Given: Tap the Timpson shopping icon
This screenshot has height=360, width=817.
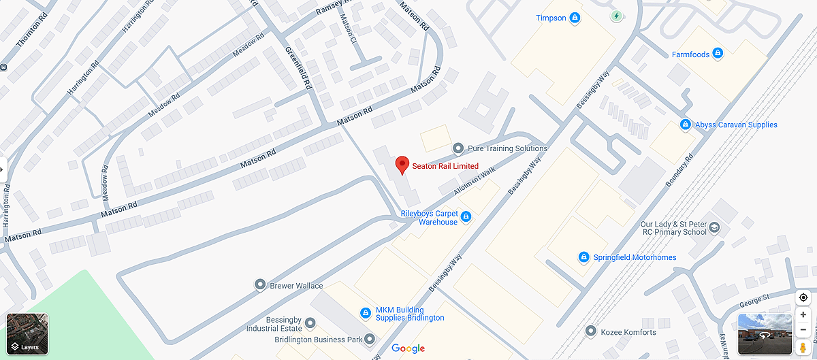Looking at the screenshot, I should point(575,18).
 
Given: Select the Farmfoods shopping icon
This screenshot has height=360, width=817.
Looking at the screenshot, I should point(717,54).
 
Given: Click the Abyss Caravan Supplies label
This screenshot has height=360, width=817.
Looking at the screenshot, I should point(735,125).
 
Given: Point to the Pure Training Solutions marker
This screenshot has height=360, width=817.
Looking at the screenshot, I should point(458,148).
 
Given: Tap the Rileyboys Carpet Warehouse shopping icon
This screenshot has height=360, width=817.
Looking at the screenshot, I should point(466,217).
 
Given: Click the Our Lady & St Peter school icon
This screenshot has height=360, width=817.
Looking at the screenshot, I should point(714,227).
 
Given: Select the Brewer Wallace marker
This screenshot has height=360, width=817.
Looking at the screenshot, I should point(259,284).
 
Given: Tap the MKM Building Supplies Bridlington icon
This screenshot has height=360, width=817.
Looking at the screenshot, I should point(365,312).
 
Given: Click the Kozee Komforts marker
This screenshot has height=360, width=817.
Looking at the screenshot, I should point(590,331).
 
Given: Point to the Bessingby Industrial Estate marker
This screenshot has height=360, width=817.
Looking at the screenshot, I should point(310,322).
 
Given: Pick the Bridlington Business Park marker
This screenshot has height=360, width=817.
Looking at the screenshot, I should point(369,338).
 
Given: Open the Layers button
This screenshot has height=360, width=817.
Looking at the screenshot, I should point(27,333).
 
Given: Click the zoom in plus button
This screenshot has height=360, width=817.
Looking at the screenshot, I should point(803,315).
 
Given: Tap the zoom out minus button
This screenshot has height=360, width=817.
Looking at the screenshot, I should point(803,331).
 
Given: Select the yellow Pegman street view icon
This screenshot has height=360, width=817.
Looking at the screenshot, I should point(803,348).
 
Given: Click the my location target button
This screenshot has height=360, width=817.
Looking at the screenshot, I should point(803,297).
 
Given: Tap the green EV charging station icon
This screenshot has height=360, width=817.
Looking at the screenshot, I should point(616,15).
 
